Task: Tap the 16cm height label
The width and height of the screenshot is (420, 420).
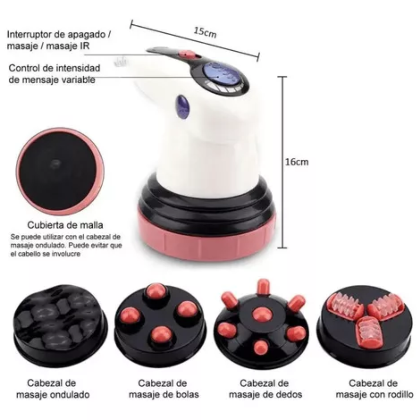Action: (x=297, y=162)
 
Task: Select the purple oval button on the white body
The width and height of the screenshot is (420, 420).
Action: (x=183, y=107)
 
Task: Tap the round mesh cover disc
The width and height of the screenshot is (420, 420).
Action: (x=60, y=171)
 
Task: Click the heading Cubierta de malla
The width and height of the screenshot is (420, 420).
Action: (x=65, y=225)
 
